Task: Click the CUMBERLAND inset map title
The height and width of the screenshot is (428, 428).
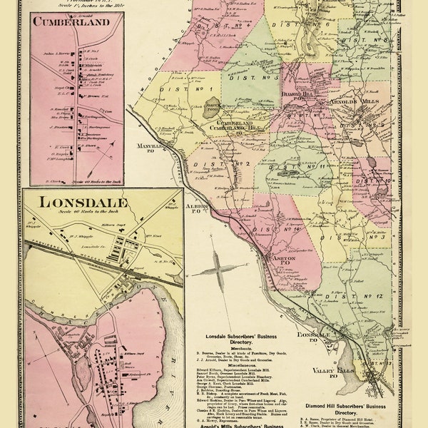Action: pyautogui.click(x=71, y=21)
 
